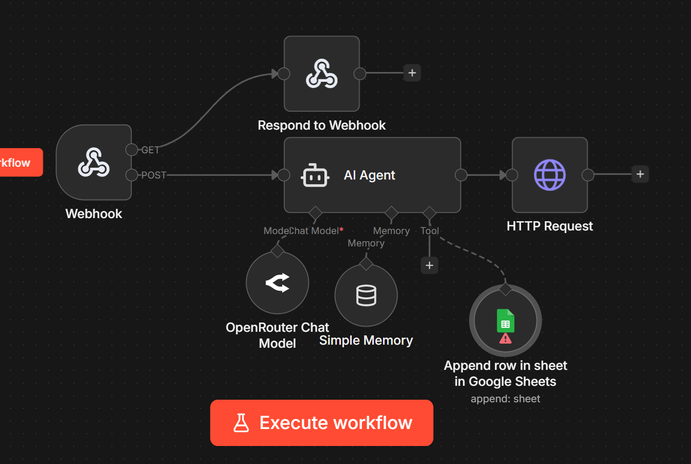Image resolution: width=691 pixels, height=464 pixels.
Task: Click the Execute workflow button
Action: [322, 423]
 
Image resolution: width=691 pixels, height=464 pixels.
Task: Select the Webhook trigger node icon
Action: [94, 163]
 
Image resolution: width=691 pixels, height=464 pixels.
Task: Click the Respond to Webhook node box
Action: [322, 74]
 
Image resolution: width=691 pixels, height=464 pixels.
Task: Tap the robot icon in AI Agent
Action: [315, 176]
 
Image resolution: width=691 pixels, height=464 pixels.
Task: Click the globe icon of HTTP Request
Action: [549, 175]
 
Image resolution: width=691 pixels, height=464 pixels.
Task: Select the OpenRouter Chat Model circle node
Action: [278, 283]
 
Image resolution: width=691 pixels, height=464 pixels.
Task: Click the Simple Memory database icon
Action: [366, 295]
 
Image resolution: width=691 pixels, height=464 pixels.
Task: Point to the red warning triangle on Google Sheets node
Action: [506, 338]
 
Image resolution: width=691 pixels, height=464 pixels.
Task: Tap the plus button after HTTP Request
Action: [640, 174]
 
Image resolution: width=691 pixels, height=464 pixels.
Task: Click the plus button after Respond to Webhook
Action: [412, 73]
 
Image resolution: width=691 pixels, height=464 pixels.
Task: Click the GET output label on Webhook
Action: [150, 150]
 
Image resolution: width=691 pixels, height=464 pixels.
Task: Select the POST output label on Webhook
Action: [154, 175]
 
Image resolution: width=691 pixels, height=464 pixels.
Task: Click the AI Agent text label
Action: [369, 175]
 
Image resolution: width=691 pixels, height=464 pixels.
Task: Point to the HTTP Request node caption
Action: [549, 226]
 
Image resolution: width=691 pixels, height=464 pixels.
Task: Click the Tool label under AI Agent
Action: [429, 231]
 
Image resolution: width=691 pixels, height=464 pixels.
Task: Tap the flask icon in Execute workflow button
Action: [241, 423]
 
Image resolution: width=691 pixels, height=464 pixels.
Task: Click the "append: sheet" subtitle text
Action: [505, 399]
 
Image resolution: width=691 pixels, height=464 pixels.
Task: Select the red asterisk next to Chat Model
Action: [341, 230]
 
